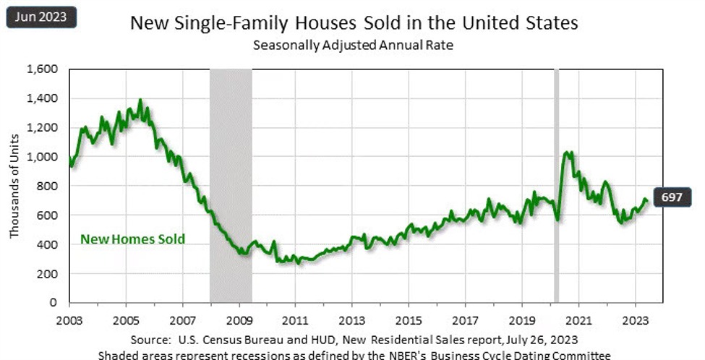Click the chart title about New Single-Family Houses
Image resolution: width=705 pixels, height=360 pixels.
point(354,23)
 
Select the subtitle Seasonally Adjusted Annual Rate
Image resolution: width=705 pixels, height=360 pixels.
point(354,45)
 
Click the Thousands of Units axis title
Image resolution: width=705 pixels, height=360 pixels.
point(14,187)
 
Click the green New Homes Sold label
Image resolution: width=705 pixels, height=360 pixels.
point(132,239)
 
